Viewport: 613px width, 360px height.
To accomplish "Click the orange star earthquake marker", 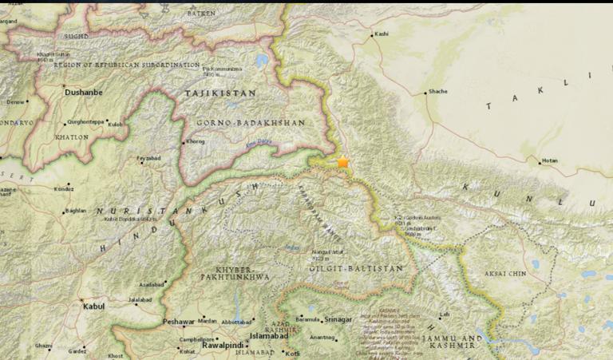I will coord(343,162).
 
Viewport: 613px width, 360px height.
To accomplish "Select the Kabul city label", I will coord(93,306).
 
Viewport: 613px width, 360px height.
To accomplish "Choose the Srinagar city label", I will coord(338,320).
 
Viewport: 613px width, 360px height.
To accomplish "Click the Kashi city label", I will coord(382,34).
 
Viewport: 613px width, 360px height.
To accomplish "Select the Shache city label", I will coord(438,92).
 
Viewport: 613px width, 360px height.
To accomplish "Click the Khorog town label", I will coord(196,142).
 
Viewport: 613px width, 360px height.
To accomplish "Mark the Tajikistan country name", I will coord(220,93).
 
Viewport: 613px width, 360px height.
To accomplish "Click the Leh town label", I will coord(445,315).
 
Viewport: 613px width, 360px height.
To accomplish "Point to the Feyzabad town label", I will coord(148,158).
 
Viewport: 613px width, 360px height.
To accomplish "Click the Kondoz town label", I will coord(63,189).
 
